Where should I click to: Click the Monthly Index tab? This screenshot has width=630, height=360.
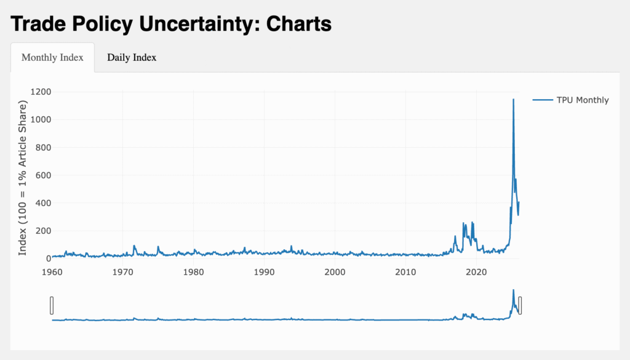[x=52, y=58]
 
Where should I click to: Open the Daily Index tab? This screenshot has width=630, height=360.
[x=132, y=58]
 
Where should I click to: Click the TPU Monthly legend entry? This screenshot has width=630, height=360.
[x=582, y=100]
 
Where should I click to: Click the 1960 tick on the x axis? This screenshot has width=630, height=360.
[x=53, y=271]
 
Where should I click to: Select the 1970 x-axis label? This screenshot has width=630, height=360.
[x=123, y=271]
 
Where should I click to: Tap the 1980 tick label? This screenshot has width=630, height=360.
[x=194, y=271]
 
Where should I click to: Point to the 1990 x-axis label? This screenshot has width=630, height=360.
[x=264, y=271]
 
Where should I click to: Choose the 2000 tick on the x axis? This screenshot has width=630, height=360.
[x=335, y=271]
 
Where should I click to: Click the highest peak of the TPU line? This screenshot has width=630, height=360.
[x=513, y=100]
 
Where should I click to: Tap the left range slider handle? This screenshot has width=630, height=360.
[x=52, y=305]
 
